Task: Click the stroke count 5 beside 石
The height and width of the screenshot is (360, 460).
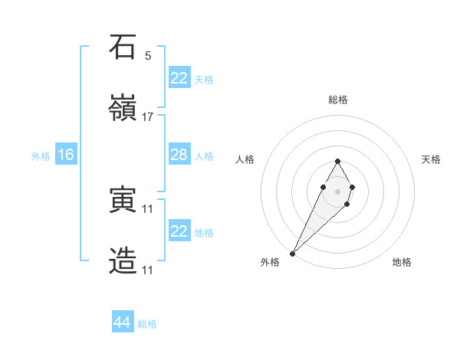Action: [x=148, y=56]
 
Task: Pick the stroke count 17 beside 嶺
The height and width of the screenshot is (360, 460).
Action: [x=148, y=117]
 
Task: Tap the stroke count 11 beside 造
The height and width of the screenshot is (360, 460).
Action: [x=148, y=270]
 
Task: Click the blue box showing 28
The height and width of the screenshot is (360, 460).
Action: [x=179, y=155]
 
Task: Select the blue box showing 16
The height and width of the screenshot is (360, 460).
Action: [x=65, y=155]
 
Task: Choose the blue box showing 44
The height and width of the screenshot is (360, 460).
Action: [x=123, y=322]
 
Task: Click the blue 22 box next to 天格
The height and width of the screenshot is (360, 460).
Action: [x=179, y=77]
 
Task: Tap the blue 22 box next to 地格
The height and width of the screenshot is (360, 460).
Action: [x=179, y=231]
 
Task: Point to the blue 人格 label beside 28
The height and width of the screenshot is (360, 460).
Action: [x=204, y=155]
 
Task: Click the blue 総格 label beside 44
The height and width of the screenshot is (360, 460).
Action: [x=147, y=324]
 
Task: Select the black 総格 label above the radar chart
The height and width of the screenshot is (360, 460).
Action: [x=337, y=100]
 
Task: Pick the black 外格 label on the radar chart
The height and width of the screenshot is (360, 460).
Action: [x=270, y=262]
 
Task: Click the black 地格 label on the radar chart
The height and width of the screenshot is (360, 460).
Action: [x=402, y=262]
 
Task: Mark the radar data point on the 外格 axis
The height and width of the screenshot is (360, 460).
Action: [x=293, y=253]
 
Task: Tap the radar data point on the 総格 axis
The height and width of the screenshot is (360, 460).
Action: [x=337, y=161]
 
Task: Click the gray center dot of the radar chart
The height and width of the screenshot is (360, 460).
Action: [x=337, y=190]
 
